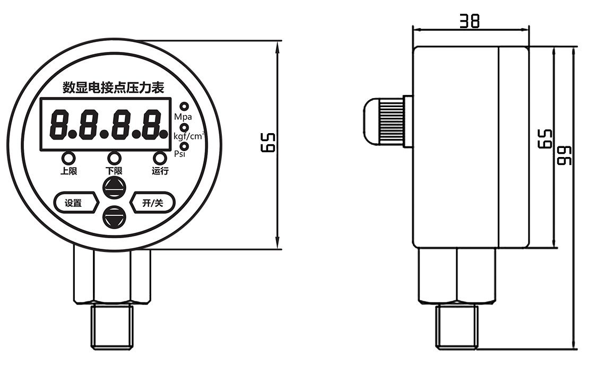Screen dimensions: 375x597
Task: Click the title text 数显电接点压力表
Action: (x=113, y=86)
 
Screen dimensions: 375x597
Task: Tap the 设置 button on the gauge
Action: (x=75, y=203)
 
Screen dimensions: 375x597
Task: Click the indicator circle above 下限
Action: (x=114, y=158)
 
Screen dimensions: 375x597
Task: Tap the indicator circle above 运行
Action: (x=160, y=158)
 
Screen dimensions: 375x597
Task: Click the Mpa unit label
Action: (x=185, y=117)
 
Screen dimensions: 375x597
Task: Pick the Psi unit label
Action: (x=180, y=154)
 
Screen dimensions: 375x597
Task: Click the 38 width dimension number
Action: (x=470, y=21)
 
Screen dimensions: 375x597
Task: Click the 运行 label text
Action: (x=160, y=171)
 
